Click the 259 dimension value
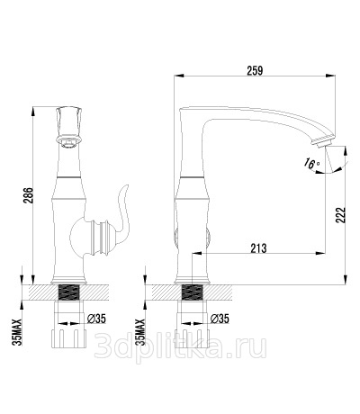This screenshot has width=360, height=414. pos(255,71)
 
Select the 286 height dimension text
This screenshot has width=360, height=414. pos(28,195)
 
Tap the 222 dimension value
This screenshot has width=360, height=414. pos(340,214)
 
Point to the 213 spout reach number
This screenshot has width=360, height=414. pos(258,248)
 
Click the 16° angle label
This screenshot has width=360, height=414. pos(311,164)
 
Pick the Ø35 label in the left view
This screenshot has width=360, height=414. pos(96,319)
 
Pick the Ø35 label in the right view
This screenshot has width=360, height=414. pos(220,319)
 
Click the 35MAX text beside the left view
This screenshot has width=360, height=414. pos(18,332)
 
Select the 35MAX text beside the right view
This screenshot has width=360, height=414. pos(140,332)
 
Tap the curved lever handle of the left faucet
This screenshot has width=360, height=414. pos(122,213)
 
